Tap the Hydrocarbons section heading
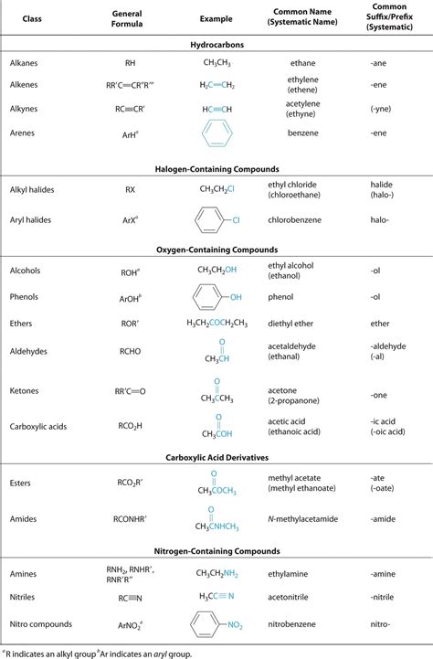pyautogui.click(x=216, y=44)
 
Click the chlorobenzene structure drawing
pyautogui.click(x=216, y=220)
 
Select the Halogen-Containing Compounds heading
pyautogui.click(x=216, y=169)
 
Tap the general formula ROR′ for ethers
pyautogui.click(x=130, y=323)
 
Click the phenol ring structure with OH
pyautogui.click(x=216, y=297)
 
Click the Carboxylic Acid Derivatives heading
pyautogui.click(x=216, y=455)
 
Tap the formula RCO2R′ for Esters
pyautogui.click(x=131, y=482)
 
